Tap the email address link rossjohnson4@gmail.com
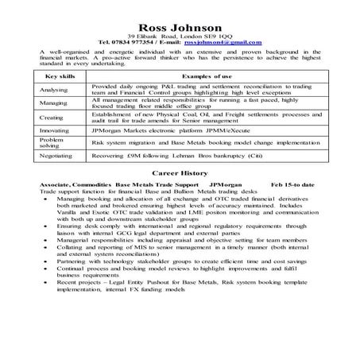tap(223, 41)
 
